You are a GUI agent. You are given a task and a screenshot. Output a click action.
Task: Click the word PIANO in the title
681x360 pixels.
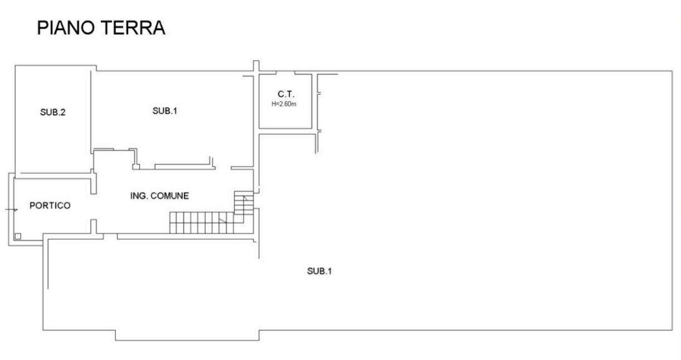66,28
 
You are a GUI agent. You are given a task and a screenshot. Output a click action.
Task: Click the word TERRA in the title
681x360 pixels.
133,28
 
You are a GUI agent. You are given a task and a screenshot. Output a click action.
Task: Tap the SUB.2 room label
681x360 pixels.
52,112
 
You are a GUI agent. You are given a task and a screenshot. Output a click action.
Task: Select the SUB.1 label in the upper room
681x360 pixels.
165,111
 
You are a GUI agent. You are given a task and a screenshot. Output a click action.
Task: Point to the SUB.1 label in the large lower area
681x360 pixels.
319,271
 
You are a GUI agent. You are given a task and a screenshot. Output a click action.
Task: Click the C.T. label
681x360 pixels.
286,94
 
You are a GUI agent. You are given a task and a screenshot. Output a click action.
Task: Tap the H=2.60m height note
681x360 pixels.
284,104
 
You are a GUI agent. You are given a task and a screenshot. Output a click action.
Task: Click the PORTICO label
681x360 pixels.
50,206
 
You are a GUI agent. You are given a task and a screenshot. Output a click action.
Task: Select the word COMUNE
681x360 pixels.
169,196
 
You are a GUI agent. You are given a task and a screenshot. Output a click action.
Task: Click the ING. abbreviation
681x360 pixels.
139,196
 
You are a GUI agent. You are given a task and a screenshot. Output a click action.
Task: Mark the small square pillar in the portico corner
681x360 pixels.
18,236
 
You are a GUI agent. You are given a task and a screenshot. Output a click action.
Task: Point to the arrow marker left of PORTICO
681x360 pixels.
12,210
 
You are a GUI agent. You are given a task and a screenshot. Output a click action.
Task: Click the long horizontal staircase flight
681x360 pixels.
202,223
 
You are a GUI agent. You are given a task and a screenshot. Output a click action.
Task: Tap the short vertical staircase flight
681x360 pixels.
244,203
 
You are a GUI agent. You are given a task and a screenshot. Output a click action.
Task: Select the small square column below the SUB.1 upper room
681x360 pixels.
136,167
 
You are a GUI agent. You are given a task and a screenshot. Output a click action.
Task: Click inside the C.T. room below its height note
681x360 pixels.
285,117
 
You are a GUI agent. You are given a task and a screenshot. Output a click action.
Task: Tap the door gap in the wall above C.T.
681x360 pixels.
285,72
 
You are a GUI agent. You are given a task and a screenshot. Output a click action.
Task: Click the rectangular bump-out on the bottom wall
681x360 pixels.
187,335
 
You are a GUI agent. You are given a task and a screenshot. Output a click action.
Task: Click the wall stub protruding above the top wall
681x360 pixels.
256,66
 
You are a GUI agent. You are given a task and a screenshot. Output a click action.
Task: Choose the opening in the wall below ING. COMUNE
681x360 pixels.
110,236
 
